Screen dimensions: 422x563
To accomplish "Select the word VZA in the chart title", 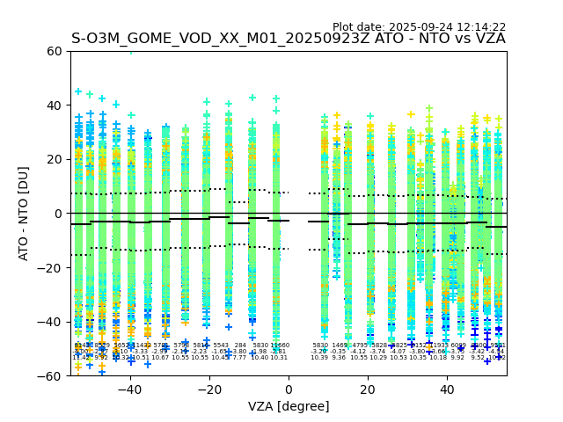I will (488, 39).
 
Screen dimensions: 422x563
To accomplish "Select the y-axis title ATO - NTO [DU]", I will (24, 214).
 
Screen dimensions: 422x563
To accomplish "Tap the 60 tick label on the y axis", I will (54, 51).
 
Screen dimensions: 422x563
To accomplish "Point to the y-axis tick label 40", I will (54, 105).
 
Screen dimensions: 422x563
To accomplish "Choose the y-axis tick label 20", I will (54, 159).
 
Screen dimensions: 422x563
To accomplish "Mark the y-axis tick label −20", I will (50, 267).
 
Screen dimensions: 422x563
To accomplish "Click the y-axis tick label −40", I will (50, 322).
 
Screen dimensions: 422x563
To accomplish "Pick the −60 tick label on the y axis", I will (50, 375).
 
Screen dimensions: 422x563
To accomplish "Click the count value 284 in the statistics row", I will (240, 346).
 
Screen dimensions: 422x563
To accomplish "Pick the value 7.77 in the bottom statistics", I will (239, 358).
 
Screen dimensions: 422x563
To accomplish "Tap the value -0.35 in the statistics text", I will (339, 352).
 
